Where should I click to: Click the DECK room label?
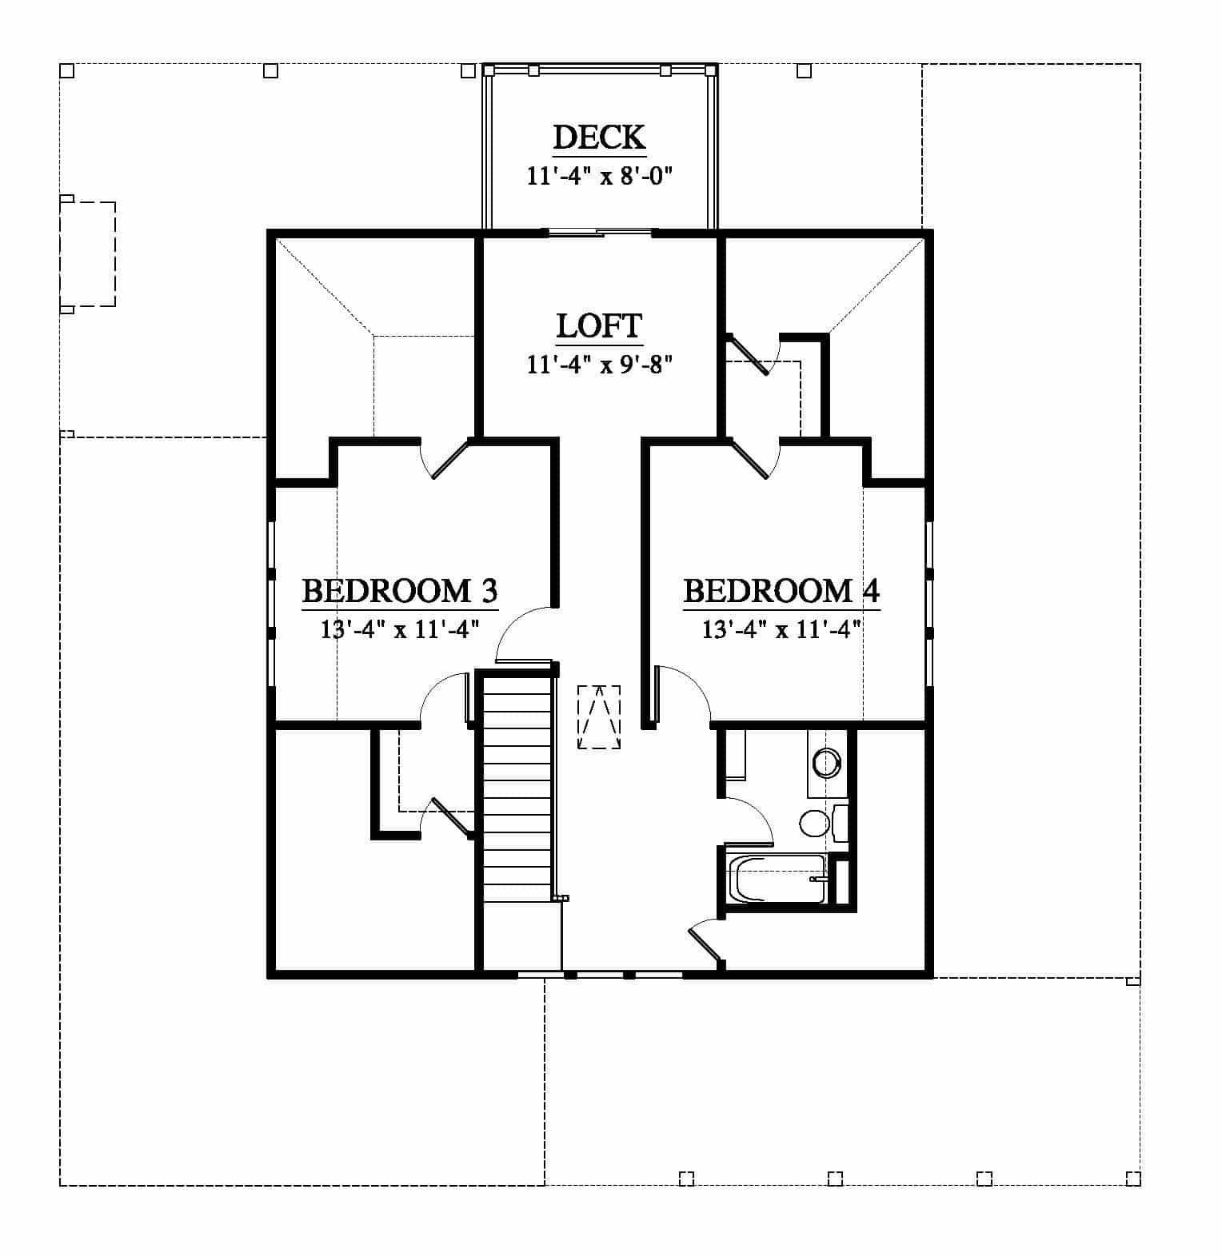pos(599,137)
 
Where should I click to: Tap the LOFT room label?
pos(599,326)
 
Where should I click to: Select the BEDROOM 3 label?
pos(400,591)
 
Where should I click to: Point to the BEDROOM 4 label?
pos(781,591)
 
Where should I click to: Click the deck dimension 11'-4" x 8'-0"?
pos(599,176)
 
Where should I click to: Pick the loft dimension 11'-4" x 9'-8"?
pos(599,365)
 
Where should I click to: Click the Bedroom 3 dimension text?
pos(400,629)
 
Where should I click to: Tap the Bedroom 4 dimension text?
pos(781,629)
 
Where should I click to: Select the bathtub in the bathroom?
pos(776,880)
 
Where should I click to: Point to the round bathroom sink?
pos(827,762)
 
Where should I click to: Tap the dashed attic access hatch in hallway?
pos(599,716)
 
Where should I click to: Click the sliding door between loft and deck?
pos(599,233)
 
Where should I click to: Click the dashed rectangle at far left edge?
pos(88,253)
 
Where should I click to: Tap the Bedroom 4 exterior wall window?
pos(929,604)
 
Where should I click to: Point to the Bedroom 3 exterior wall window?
pos(271,604)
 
